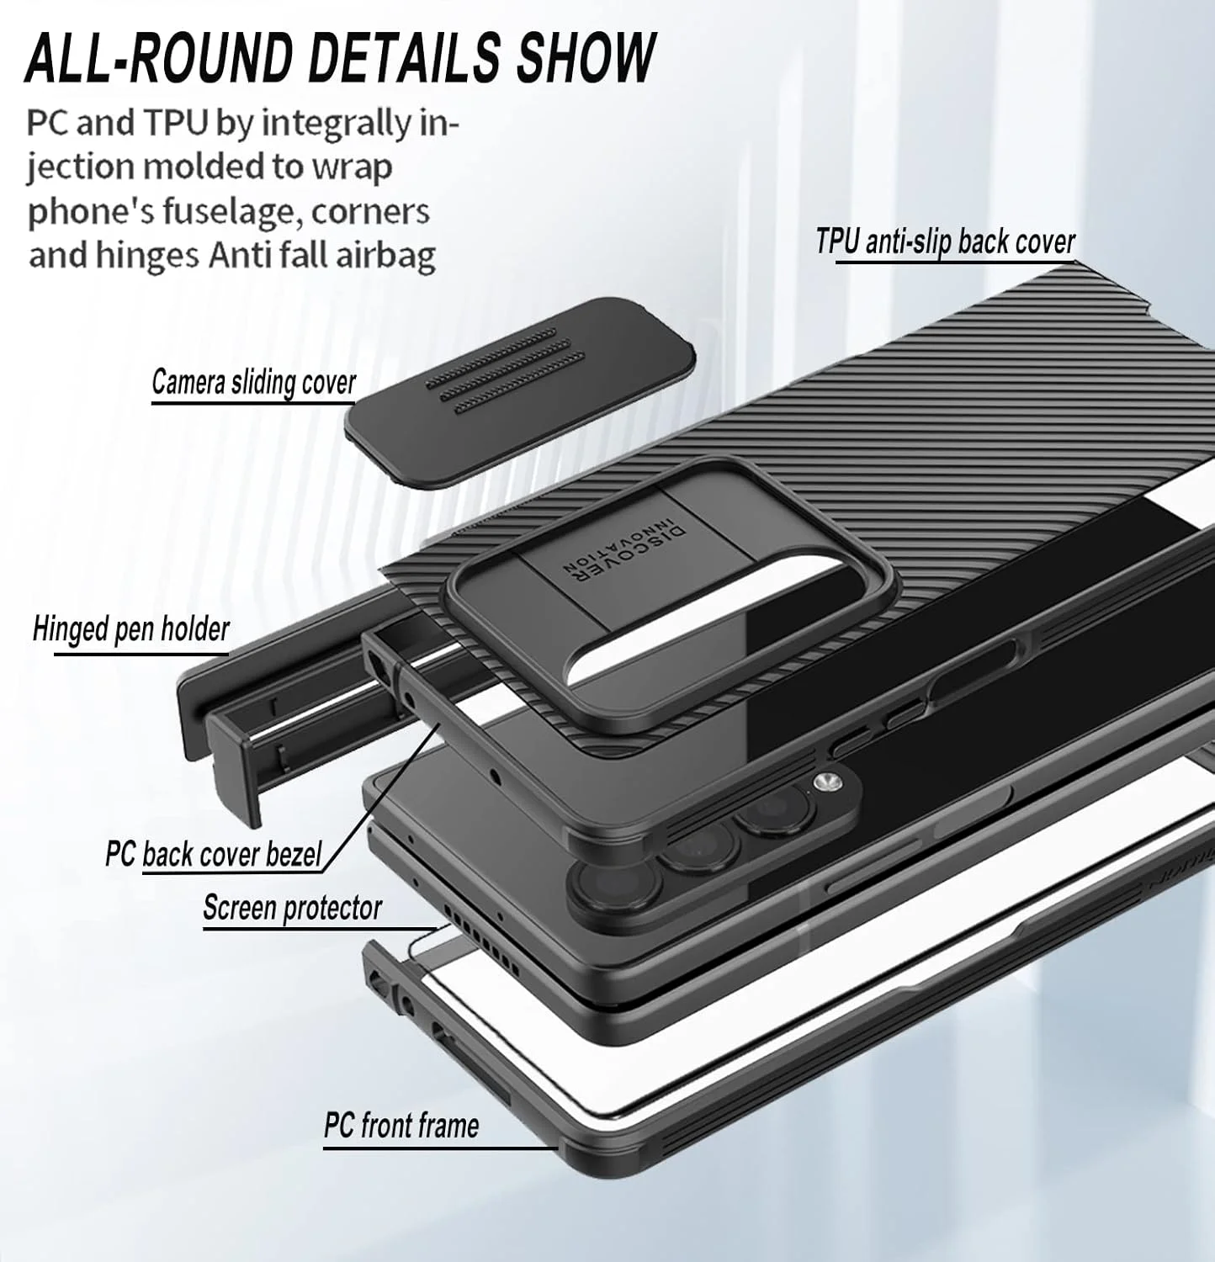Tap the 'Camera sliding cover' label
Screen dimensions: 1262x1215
[x=253, y=383]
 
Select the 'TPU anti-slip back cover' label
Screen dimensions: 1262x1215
[x=945, y=242]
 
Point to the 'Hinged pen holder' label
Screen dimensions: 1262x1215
[x=130, y=629]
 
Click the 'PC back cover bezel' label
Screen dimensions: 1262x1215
[x=213, y=854]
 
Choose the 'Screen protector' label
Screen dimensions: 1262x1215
[x=292, y=908]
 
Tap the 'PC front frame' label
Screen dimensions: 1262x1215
[x=401, y=1126]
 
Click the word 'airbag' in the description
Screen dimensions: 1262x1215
[x=386, y=254]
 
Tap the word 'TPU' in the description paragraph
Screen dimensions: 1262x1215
[x=176, y=123]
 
